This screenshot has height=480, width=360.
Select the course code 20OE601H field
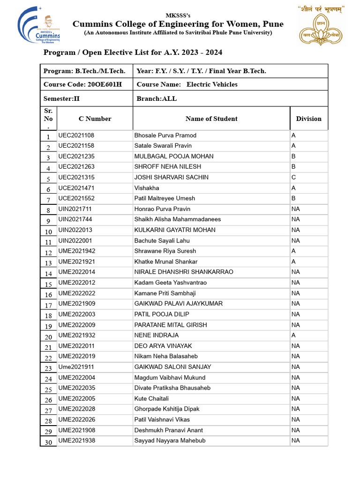pos(82,84)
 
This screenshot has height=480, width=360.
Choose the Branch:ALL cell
pos(157,98)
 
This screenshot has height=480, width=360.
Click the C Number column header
pos(95,119)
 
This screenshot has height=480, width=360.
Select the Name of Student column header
pos(211,119)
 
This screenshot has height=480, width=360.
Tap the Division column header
pos(308,119)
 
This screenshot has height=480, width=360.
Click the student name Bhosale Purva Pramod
pos(165,135)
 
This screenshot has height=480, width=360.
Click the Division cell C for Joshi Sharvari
pos(293,177)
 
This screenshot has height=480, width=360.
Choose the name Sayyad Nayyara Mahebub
pos(170,441)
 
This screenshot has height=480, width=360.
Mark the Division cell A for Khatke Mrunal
pos(293,262)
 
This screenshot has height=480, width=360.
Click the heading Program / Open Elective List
pos(133,52)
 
